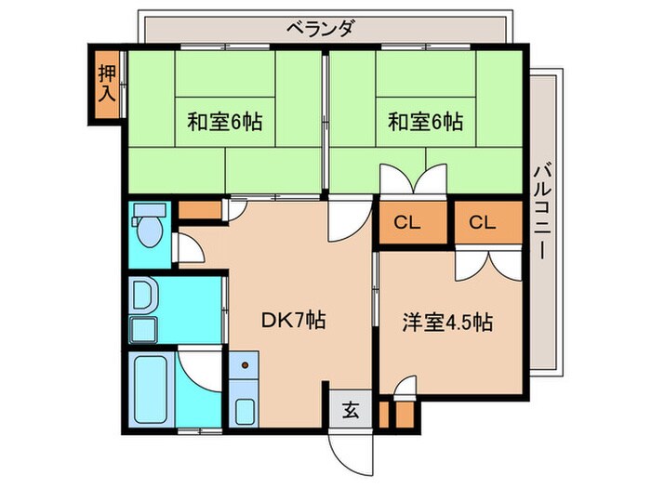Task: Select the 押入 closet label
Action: point(108,83)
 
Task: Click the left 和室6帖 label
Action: point(219,122)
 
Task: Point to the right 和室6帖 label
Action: point(425,122)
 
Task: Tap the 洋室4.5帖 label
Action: point(446,323)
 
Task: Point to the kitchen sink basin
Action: point(244,410)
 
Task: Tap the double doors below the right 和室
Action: point(416,179)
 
